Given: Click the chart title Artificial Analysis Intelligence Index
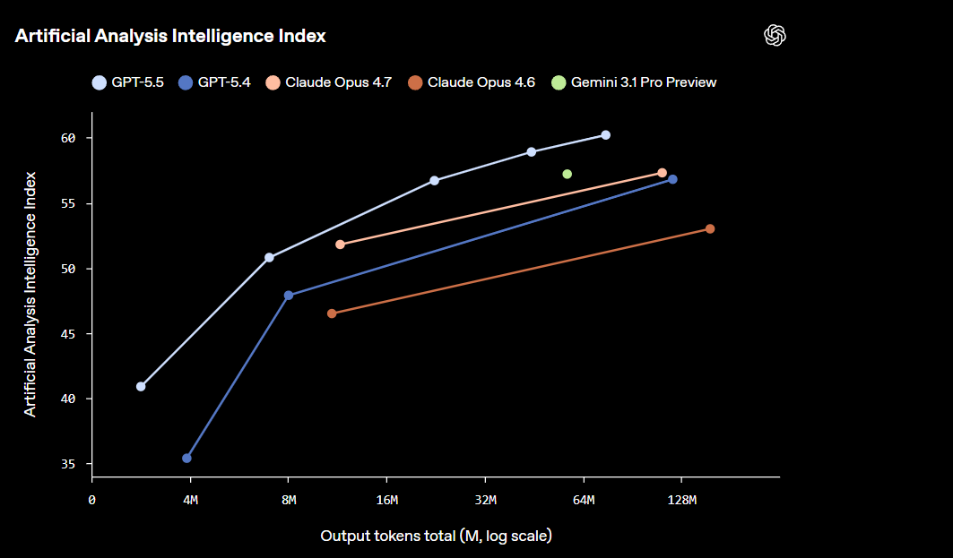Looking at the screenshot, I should point(170,36).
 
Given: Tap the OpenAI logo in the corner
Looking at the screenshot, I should point(775,35).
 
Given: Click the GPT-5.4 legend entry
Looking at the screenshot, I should point(214,82).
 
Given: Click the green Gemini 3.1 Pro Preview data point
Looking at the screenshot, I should point(567,174).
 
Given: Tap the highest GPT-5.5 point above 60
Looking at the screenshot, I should point(606,135).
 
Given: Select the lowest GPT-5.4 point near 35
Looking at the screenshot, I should point(186,459).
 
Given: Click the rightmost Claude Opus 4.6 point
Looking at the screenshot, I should point(710,229).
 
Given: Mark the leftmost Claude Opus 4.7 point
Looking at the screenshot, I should point(340,245).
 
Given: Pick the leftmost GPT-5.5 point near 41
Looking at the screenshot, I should point(141,387).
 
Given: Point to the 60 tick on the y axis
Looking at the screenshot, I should point(70,138).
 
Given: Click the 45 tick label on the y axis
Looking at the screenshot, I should point(70,334).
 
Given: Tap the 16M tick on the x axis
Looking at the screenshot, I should point(386,500).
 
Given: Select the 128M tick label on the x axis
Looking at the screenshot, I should point(681,500).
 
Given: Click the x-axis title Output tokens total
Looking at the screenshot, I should point(436,536).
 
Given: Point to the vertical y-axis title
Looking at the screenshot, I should point(30,294).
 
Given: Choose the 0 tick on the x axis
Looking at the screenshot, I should point(92,500).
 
